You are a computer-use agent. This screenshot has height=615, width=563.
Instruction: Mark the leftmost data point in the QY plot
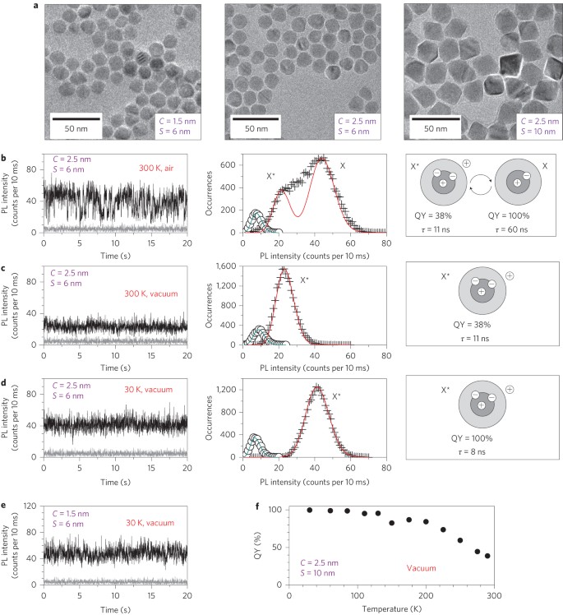(310, 510)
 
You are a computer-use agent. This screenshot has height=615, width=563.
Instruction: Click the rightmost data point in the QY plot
(487, 556)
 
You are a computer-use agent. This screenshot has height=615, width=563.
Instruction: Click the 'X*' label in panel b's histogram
(272, 176)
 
